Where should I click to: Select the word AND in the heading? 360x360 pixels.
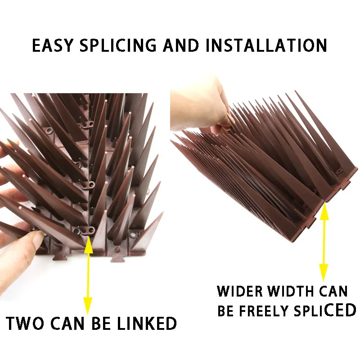[182, 46]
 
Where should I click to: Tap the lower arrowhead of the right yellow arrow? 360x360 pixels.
[324, 276]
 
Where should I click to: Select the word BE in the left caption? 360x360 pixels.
[103, 324]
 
